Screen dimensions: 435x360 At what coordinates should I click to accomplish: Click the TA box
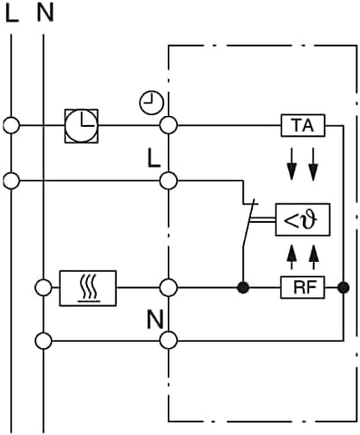[x=303, y=125]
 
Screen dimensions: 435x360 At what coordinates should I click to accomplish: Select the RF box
[x=303, y=289]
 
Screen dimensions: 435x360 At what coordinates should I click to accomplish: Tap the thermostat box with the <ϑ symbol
[x=303, y=219]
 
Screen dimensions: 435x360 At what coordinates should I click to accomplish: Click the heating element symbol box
[x=86, y=289]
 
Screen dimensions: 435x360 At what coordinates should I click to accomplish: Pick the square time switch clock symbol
[x=83, y=125]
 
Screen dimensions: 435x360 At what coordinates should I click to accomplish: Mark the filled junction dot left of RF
[x=243, y=289]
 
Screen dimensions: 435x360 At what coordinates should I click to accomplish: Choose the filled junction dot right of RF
[x=343, y=289]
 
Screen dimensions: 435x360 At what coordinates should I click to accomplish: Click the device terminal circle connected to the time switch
[x=168, y=125]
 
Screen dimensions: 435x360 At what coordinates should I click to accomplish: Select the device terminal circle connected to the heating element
[x=168, y=289]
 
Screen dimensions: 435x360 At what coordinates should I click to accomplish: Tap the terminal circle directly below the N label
[x=168, y=341]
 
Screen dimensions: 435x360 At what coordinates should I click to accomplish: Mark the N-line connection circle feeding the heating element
[x=44, y=289]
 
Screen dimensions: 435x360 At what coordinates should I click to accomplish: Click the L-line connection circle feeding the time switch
[x=11, y=125]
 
